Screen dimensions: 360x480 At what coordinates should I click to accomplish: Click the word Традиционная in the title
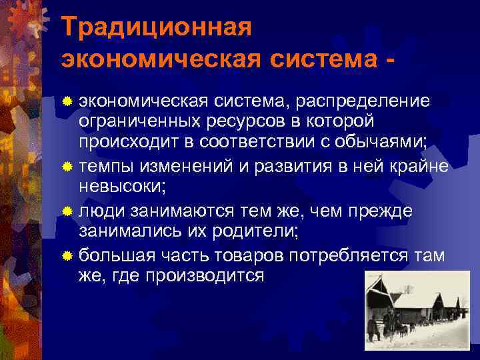pyautogui.click(x=156, y=27)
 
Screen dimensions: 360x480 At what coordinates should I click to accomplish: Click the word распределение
pyautogui.click(x=366, y=101)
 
